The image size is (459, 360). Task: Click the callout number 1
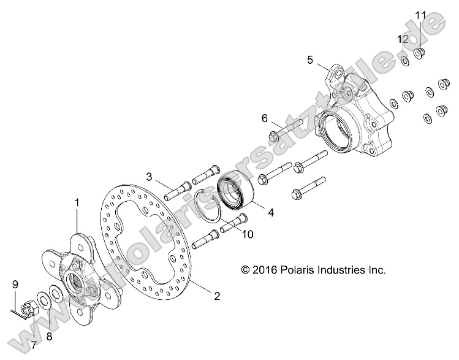(x=77, y=202)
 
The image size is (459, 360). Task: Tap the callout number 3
(x=149, y=177)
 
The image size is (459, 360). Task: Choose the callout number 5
(x=310, y=59)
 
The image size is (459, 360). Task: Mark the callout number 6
(x=265, y=118)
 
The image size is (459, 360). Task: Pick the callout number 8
(x=50, y=336)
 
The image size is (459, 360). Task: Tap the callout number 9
(x=15, y=284)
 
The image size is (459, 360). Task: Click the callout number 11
(x=420, y=14)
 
